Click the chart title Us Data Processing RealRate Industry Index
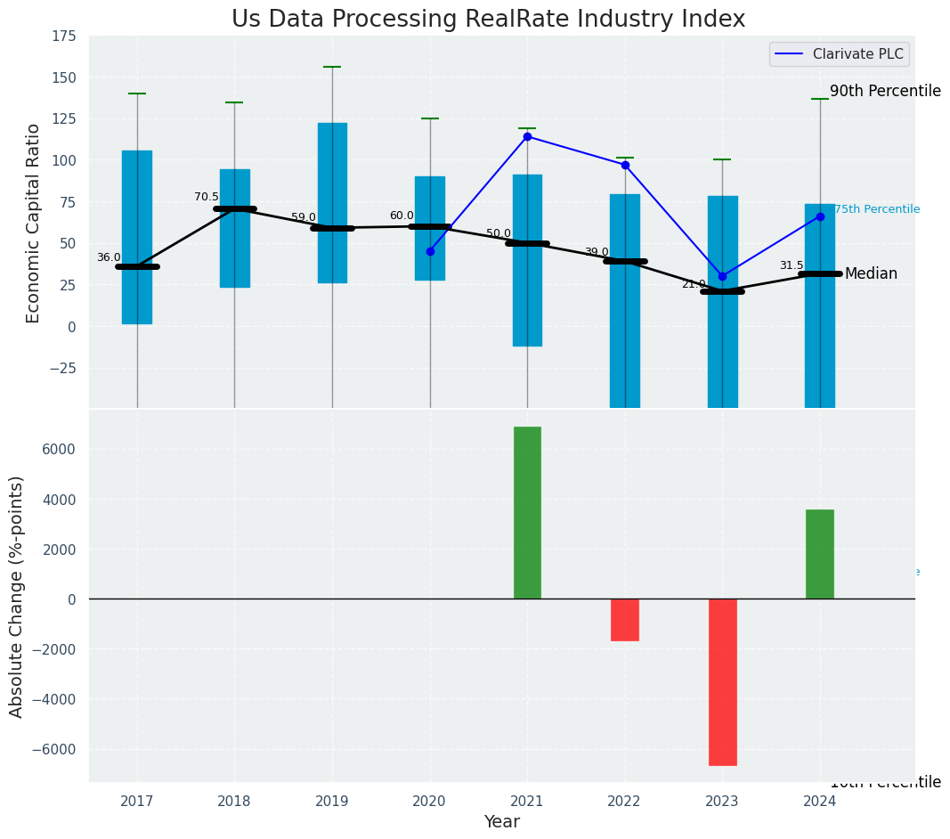tap(488, 20)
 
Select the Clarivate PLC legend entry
tap(840, 54)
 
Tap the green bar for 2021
tap(527, 512)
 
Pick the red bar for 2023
tap(722, 681)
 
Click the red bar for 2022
tap(625, 619)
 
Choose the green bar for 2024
tap(820, 554)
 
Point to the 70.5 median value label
tap(207, 197)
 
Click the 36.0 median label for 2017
tap(109, 257)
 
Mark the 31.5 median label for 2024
tap(792, 265)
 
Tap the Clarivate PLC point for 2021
tap(527, 136)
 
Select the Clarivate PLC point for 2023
tap(722, 276)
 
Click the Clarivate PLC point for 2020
tap(430, 251)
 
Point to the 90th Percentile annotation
tap(885, 91)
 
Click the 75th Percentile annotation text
tap(876, 209)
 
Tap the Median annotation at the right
tap(871, 273)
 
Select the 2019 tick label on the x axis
tap(332, 802)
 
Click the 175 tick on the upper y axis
tap(62, 37)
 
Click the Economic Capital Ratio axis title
tap(34, 223)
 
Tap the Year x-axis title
tap(502, 822)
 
